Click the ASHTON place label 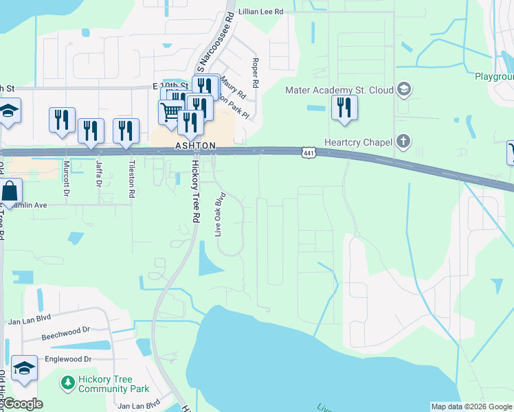195,146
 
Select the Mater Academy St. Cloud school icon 403,89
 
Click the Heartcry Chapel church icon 403,142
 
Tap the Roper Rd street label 255,73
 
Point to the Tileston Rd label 131,180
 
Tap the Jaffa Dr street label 99,174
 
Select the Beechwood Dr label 66,338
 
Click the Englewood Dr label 68,359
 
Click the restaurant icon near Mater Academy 344,108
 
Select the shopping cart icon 170,111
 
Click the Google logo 22,404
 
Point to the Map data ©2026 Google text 471,407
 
